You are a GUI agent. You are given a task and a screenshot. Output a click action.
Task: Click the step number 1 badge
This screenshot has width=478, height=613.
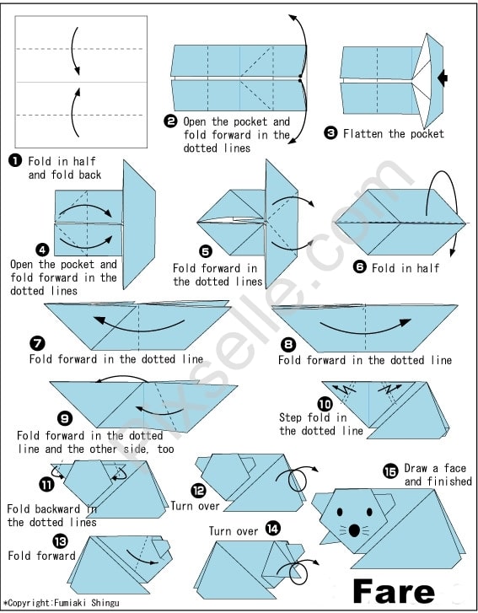[15, 161]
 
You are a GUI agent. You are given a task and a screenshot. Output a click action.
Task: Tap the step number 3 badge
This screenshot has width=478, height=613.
[330, 133]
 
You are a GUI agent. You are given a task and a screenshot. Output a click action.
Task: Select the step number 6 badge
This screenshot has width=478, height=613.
[360, 267]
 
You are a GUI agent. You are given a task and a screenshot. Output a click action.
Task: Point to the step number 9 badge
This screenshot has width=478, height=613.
[64, 419]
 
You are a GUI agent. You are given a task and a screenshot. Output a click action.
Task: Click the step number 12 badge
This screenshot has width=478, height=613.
[198, 490]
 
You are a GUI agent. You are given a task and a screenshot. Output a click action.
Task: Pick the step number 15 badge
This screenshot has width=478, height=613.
[390, 471]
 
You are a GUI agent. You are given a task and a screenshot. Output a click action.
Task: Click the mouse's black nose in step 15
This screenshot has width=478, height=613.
[354, 530]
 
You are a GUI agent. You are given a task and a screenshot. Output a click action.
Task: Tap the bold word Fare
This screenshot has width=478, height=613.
[394, 591]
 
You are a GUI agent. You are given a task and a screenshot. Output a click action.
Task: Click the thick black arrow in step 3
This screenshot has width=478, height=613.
[443, 78]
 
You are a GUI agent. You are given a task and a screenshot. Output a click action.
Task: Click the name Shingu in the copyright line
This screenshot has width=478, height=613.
[105, 603]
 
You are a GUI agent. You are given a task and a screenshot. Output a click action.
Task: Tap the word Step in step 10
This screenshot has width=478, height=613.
[290, 417]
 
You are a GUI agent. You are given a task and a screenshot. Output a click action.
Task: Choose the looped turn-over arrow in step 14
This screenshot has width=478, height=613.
[299, 570]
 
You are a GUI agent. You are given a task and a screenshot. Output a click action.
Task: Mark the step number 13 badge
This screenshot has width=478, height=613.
[60, 541]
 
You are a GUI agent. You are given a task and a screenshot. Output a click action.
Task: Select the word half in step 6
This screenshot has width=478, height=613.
[428, 268]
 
